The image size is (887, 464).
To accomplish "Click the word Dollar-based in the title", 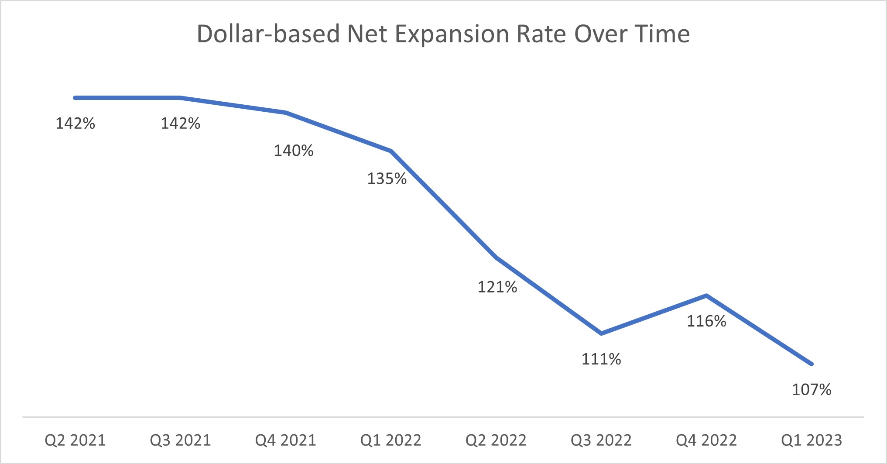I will click(x=268, y=34).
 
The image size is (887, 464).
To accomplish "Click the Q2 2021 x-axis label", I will click(x=75, y=440).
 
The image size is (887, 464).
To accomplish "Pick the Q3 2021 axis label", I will click(x=180, y=440).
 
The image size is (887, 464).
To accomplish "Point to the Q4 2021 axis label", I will click(x=285, y=440).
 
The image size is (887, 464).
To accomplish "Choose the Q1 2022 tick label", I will click(x=390, y=440).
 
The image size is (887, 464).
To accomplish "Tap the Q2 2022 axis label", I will click(x=496, y=440).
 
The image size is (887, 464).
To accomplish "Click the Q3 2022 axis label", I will click(x=601, y=440).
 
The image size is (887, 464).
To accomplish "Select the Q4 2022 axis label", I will click(x=706, y=440).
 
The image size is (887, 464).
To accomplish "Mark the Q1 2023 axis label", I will click(x=811, y=440).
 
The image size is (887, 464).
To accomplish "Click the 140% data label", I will click(x=294, y=151).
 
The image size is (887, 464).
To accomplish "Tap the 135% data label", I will click(x=387, y=179).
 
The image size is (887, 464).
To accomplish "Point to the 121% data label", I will click(x=497, y=287).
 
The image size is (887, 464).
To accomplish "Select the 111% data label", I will click(x=601, y=359).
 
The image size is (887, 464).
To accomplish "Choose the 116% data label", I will click(x=706, y=321).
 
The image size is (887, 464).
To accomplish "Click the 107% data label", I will click(x=811, y=389).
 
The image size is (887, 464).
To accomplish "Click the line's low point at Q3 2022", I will click(x=601, y=333).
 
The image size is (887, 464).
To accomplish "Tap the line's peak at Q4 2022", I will click(x=706, y=296).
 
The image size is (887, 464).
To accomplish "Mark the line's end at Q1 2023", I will click(x=811, y=364).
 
